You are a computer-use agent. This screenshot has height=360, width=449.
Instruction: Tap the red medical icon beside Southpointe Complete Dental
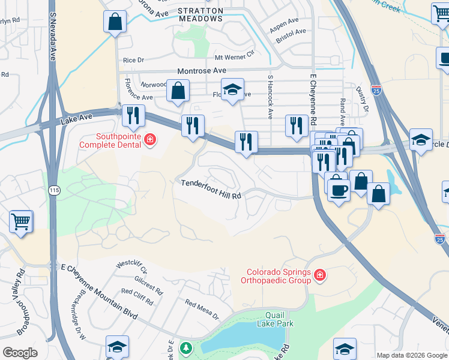point(150,140)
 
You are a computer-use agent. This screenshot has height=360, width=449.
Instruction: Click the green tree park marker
point(187,348)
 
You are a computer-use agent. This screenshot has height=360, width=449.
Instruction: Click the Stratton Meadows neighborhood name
point(201,14)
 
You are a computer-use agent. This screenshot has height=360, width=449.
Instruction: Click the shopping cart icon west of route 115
point(21,221)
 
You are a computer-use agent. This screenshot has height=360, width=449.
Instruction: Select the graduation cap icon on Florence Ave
point(232,89)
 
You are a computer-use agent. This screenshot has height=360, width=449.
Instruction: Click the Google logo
point(20,353)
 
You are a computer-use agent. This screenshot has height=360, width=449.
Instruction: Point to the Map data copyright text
point(411,355)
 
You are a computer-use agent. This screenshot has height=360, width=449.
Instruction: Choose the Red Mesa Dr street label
point(201,310)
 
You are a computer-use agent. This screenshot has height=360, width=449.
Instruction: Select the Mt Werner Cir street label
point(235,58)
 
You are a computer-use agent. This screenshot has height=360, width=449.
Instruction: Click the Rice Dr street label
point(133,60)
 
